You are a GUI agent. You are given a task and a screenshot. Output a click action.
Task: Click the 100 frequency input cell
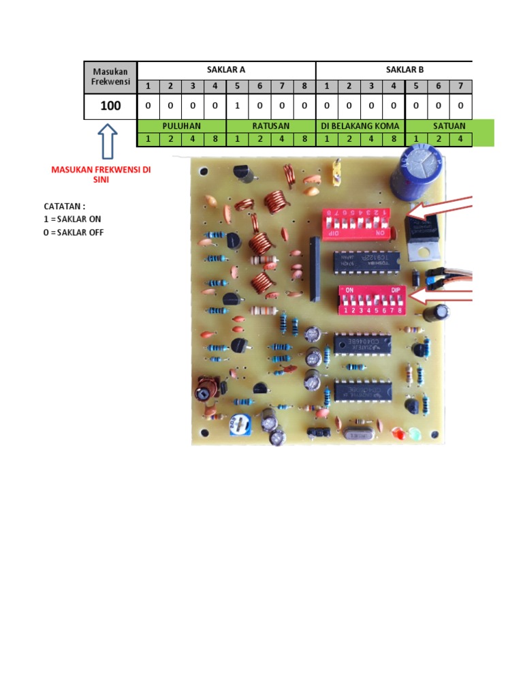pos(110,106)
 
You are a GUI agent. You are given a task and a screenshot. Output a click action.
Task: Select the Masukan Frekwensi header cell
pos(110,76)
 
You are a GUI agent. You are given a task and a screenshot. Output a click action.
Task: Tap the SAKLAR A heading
pos(226,70)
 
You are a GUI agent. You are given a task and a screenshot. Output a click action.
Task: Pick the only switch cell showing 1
pos(237,106)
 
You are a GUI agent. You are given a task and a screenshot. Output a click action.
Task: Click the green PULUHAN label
pos(181,126)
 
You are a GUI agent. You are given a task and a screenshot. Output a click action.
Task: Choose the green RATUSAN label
pos(271,126)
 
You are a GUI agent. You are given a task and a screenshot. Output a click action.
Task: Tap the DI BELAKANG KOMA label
pos(360,126)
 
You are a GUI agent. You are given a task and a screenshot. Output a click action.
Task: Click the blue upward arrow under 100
pos(108,141)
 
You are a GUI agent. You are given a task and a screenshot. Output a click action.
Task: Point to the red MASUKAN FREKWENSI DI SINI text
pos(101,174)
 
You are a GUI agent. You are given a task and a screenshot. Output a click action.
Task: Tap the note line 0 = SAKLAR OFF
pos(74,232)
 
